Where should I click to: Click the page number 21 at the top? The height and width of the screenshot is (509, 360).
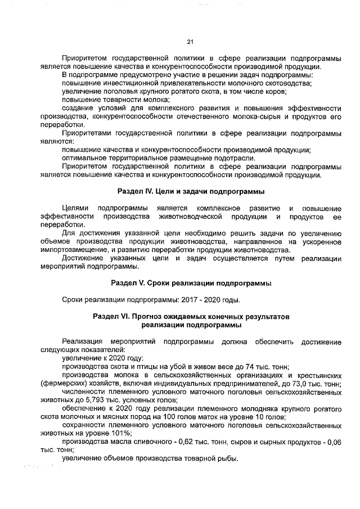[190, 41]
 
